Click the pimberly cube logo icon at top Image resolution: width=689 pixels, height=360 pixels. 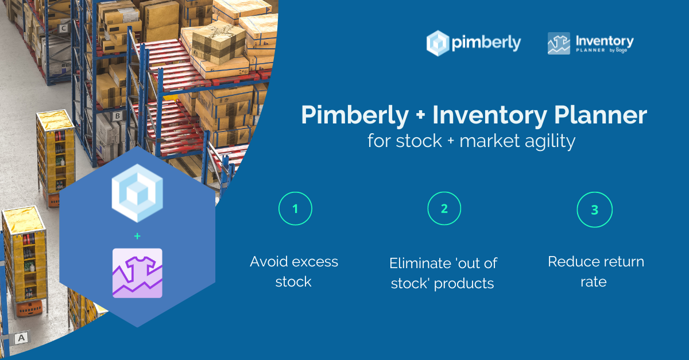pyautogui.click(x=438, y=43)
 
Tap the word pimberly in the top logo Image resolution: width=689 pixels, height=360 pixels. pyautogui.click(x=486, y=42)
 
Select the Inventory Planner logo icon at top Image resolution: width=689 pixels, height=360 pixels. pyautogui.click(x=559, y=44)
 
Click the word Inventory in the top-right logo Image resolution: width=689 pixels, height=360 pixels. pyautogui.click(x=605, y=41)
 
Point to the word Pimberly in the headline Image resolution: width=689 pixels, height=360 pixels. pyautogui.click(x=355, y=115)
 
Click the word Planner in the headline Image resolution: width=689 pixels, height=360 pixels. pyautogui.click(x=601, y=115)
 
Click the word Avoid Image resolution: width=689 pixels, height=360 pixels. pyautogui.click(x=269, y=262)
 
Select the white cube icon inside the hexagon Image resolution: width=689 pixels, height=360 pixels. pyautogui.click(x=137, y=193)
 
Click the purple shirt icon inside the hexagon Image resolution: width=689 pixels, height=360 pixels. pyautogui.click(x=137, y=273)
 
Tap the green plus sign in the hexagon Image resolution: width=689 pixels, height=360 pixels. pyautogui.click(x=137, y=236)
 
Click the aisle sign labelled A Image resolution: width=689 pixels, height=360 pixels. pyautogui.click(x=21, y=338)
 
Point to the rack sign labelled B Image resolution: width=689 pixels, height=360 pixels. pyautogui.click(x=117, y=117)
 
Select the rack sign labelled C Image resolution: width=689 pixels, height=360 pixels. pyautogui.click(x=63, y=28)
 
